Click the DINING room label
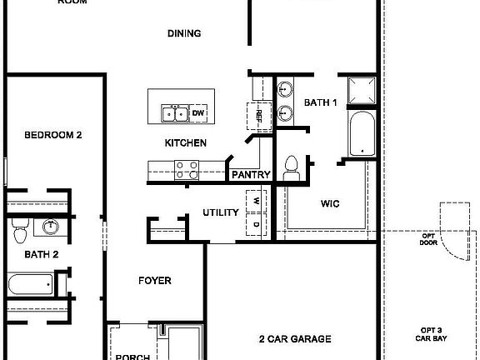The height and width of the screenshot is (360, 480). [185, 34]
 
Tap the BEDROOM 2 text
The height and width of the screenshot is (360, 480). [52, 134]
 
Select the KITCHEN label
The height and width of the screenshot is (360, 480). [185, 143]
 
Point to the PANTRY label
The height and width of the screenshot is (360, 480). [250, 175]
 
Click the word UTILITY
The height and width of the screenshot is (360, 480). [221, 213]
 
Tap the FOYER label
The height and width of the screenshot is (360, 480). [155, 281]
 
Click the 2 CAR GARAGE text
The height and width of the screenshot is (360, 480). [295, 339]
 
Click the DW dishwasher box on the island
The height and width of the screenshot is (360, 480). [198, 112]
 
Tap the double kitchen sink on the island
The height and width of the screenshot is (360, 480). [174, 113]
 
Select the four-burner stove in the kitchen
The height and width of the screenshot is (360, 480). [187, 170]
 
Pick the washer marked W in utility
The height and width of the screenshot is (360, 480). [256, 201]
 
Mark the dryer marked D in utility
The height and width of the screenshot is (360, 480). [256, 225]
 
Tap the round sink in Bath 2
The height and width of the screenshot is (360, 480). [51, 226]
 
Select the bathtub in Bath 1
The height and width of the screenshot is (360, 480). [362, 134]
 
